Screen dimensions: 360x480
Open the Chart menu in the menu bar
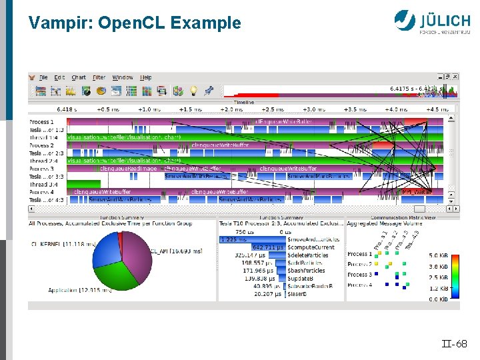tap(79, 78)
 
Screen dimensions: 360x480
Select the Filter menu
tap(99, 78)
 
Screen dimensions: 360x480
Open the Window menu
tap(122, 78)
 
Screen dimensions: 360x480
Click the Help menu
tap(145, 78)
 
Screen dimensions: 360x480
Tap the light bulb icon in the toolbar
tap(193, 91)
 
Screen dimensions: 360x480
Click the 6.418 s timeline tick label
tap(67, 109)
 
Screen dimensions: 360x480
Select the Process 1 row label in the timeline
tap(41, 122)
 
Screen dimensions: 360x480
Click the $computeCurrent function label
tap(311, 247)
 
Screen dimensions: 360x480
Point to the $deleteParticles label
tap(309, 255)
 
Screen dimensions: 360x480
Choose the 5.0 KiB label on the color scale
tap(438, 256)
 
